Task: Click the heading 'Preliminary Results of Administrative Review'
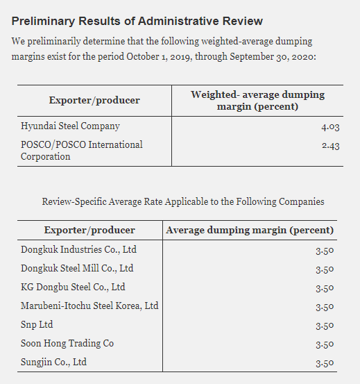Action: point(137,21)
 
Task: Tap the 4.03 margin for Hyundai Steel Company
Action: point(330,126)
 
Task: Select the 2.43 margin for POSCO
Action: point(331,145)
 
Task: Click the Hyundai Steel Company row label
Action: point(70,126)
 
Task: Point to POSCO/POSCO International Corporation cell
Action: point(82,151)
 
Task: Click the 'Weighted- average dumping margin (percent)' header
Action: point(257,101)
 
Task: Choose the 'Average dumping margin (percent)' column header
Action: point(250,231)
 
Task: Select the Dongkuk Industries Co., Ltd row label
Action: point(78,249)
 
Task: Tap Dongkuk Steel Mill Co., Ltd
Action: point(77,268)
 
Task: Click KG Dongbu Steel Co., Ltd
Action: point(73,287)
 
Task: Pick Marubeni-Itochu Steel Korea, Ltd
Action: point(89,306)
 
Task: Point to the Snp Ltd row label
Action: point(37,324)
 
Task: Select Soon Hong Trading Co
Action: point(67,343)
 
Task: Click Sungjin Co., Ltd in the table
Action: point(53,362)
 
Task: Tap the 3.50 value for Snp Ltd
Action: point(325,325)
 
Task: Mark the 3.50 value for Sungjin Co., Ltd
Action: point(325,362)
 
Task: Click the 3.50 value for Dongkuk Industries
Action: point(325,250)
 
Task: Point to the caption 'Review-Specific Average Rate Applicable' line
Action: point(183,202)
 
